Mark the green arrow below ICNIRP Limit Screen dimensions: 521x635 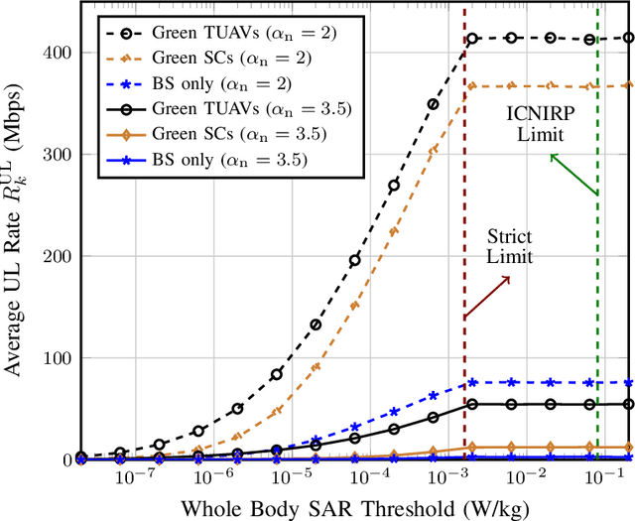pyautogui.click(x=574, y=174)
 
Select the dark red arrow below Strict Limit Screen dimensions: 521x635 pyautogui.click(x=486, y=298)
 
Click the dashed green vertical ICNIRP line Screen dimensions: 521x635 pyautogui.click(x=597, y=298)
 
